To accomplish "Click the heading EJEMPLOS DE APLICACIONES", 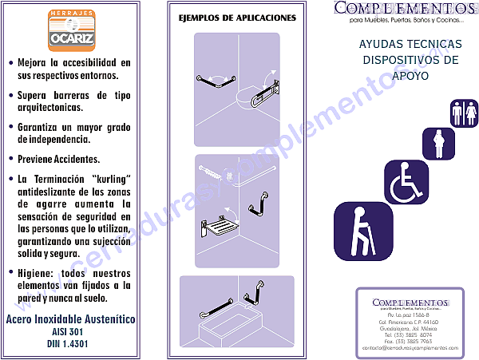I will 236,18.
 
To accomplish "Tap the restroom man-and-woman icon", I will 465,113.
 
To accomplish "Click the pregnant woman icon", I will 437,144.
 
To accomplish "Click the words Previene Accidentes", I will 58,159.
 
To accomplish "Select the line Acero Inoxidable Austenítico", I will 70,319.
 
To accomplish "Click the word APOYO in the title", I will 410,75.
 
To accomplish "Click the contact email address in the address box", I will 410,348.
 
